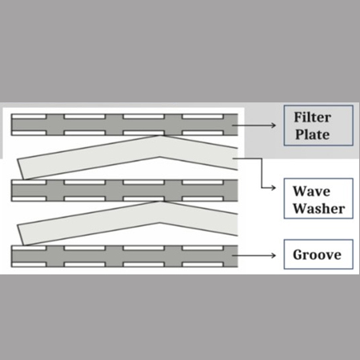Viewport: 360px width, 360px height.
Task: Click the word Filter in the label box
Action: point(312,118)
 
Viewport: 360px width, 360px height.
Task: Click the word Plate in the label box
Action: point(312,134)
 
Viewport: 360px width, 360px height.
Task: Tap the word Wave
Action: point(311,191)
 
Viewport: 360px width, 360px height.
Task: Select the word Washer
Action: point(319,208)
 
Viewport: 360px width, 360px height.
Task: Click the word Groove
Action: point(317,254)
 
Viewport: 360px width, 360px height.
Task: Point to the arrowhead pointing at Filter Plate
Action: point(274,125)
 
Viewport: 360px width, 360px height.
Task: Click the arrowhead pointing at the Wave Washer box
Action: point(274,188)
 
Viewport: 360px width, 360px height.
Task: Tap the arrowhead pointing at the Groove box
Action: point(274,255)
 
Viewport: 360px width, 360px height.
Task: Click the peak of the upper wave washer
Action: point(161,136)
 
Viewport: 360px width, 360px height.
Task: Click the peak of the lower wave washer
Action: point(161,202)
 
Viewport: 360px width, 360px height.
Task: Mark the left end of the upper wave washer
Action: point(21,169)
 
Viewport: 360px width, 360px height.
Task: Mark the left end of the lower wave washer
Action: point(21,235)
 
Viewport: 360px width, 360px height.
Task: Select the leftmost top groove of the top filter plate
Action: point(29,117)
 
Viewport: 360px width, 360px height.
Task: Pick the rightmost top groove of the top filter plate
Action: point(202,117)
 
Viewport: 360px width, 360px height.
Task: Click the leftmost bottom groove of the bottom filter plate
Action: point(29,265)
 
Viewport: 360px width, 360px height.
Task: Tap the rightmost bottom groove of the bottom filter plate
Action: point(202,265)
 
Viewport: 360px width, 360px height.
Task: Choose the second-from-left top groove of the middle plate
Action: point(85,182)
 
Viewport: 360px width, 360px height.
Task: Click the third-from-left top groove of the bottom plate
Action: point(143,248)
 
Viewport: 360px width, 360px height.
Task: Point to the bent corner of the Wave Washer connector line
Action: point(262,158)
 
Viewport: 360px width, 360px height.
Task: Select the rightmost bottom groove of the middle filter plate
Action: point(202,198)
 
